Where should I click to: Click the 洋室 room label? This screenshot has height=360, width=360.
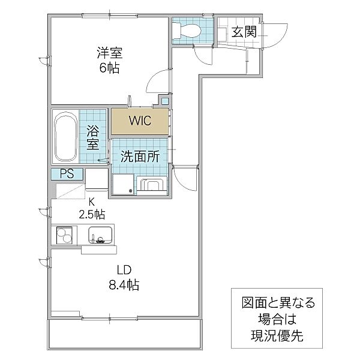click(110, 53)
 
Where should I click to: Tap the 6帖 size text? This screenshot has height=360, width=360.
click(109, 67)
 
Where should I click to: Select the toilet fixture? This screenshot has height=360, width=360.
click(187, 31)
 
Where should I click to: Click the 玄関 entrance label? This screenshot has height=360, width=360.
click(244, 32)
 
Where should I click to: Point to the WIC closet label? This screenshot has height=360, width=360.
click(140, 121)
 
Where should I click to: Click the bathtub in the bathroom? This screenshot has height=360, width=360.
click(65, 136)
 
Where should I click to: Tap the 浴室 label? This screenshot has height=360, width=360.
click(93, 137)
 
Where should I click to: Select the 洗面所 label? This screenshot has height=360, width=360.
click(140, 157)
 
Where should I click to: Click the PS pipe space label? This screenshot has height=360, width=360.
click(67, 174)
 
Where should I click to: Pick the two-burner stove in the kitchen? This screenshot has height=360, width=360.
click(64, 235)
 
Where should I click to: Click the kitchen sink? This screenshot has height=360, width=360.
click(100, 236)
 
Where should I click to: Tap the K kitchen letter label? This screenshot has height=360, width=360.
click(92, 202)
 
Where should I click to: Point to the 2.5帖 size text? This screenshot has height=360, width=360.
click(92, 214)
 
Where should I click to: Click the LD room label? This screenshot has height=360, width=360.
click(124, 270)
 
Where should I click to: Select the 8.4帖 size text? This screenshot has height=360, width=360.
click(124, 285)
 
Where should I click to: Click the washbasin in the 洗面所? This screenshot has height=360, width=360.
click(152, 184)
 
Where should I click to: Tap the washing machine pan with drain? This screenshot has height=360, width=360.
click(123, 184)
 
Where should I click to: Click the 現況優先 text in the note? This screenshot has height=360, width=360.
click(277, 335)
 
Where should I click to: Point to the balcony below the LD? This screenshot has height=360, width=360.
click(125, 334)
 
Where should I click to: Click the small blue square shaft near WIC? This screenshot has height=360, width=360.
click(165, 101)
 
